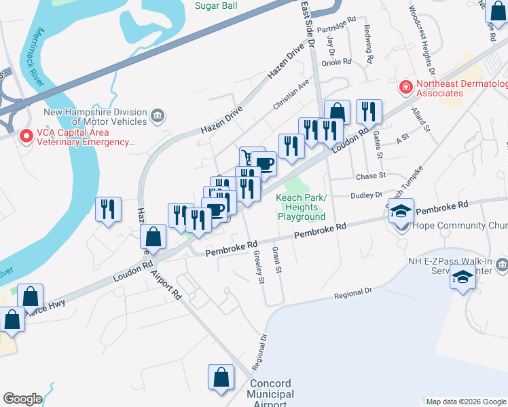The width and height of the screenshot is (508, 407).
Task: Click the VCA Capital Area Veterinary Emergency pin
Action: pyautogui.click(x=26, y=136)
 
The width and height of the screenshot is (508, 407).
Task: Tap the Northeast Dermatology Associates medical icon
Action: pyautogui.click(x=405, y=88)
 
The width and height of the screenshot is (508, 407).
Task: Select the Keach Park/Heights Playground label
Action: pyautogui.click(x=302, y=207)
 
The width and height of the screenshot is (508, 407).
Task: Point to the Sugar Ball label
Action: pyautogui.click(x=215, y=5)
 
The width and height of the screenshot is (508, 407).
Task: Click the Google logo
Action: pyautogui.click(x=22, y=399)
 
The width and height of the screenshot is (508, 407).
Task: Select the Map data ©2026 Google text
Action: pyautogui.click(x=465, y=402)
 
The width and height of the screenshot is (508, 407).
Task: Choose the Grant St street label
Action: pyautogui.click(x=276, y=260)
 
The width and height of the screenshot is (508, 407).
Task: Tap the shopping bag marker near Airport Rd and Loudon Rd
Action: pyautogui.click(x=153, y=237)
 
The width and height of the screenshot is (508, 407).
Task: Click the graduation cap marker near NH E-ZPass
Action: pyautogui.click(x=463, y=277)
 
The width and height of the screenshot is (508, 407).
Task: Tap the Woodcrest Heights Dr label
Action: pyautogui.click(x=421, y=41)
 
